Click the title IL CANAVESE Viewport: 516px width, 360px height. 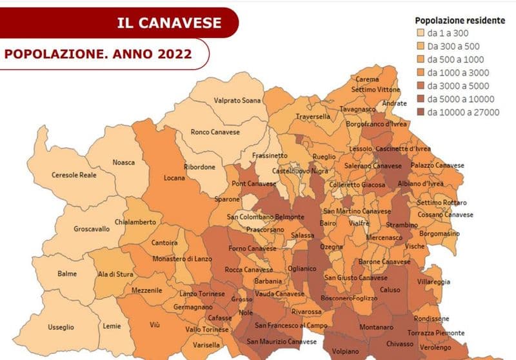[x=169, y=23]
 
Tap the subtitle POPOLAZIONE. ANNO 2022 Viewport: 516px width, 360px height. [x=97, y=54]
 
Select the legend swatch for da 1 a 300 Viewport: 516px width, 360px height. [x=419, y=33]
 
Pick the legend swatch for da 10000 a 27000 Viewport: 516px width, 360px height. [x=419, y=112]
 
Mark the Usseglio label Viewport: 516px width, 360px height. [x=61, y=327]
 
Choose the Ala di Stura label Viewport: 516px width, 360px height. [x=117, y=274]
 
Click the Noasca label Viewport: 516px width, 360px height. [x=124, y=162]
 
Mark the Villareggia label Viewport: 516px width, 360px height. [x=434, y=283]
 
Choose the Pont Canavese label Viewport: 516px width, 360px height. [x=254, y=185]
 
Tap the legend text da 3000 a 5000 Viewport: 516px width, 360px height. [x=458, y=86]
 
